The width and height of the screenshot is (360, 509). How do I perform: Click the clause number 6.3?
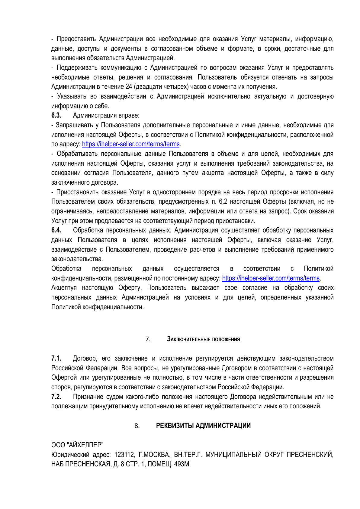click(x=56, y=115)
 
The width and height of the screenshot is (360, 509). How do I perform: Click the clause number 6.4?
click(x=56, y=230)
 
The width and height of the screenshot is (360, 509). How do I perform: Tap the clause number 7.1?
click(x=56, y=358)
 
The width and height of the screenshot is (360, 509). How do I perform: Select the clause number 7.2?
click(x=56, y=397)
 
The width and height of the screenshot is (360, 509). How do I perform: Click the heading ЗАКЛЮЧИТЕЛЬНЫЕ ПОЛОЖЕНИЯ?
click(x=203, y=339)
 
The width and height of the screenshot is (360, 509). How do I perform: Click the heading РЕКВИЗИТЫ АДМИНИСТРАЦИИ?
click(x=203, y=426)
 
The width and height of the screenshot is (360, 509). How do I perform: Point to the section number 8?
click(x=137, y=426)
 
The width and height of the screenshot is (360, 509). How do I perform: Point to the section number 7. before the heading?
click(x=148, y=339)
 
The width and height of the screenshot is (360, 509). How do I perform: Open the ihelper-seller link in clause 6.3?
click(x=131, y=144)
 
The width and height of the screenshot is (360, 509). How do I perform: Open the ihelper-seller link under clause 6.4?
click(x=271, y=278)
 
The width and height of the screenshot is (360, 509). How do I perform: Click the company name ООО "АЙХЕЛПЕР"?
click(x=77, y=445)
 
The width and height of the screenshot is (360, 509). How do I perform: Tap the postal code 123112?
click(x=124, y=455)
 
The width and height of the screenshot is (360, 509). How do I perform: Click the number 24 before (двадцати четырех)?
click(x=128, y=87)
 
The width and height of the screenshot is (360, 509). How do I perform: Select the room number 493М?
click(x=182, y=464)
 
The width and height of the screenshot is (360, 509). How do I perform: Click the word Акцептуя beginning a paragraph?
click(x=64, y=288)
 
